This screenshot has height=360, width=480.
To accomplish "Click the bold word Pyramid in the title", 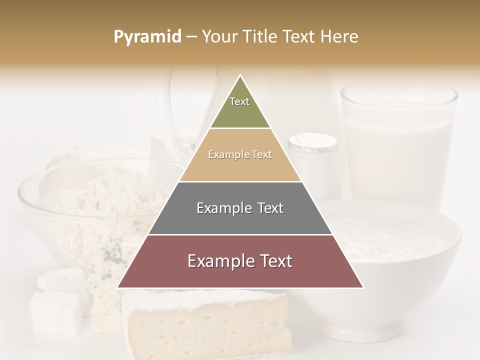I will point(147,37).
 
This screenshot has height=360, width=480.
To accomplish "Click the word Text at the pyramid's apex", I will point(239,101).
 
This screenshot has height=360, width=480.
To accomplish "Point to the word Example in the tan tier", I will point(223,155).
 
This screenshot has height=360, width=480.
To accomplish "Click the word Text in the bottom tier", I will point(272,261).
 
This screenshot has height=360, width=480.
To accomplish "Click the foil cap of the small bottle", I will point(313,143).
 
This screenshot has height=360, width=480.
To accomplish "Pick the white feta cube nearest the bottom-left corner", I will point(55,312).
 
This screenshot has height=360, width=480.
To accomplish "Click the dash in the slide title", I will point(191,37).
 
